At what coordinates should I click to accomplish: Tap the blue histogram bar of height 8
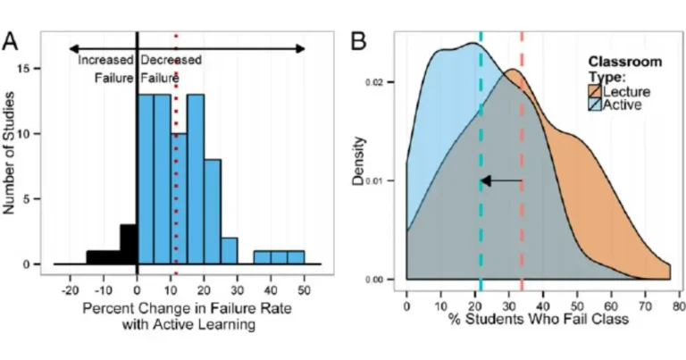tap(213, 212)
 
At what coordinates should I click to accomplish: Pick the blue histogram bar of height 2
tap(230, 251)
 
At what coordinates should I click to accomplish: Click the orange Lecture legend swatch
tap(596, 91)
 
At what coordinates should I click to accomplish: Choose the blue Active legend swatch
tap(596, 105)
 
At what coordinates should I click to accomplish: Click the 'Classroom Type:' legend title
tap(624, 70)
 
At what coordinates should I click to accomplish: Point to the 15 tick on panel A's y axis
tap(35, 69)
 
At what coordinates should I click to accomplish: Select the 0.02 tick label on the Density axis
tap(381, 82)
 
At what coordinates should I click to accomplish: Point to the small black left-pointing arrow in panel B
tap(500, 181)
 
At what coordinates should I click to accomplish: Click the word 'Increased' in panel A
tap(105, 61)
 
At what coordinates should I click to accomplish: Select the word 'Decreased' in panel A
tap(170, 61)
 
